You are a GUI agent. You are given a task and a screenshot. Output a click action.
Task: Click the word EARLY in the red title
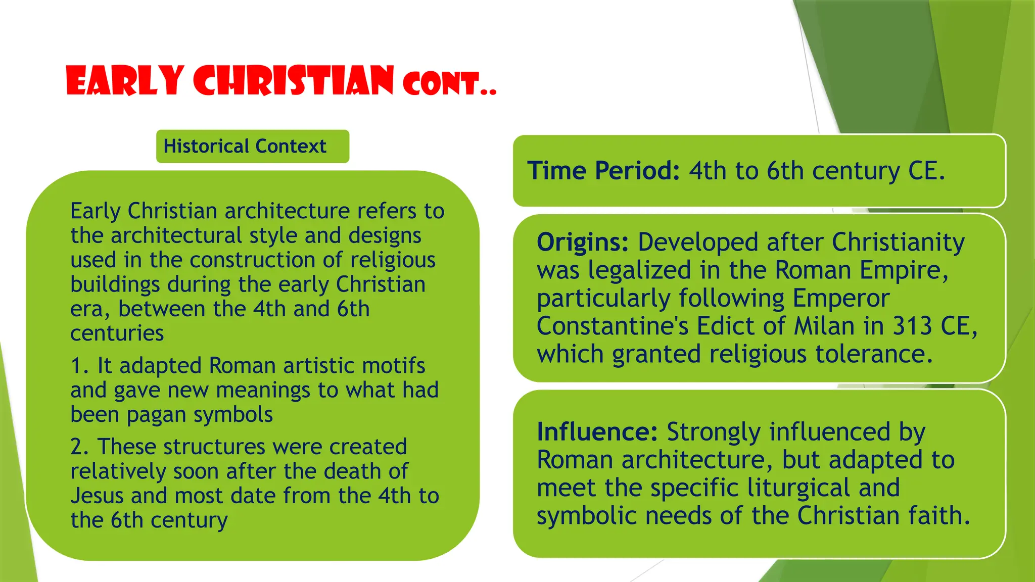tap(124, 81)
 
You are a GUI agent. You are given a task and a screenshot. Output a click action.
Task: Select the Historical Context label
tap(245, 147)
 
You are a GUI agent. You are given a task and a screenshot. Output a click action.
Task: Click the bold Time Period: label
tap(603, 171)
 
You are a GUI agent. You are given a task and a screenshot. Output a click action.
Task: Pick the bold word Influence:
tap(597, 432)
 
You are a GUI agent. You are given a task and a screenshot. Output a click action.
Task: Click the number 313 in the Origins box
tap(912, 326)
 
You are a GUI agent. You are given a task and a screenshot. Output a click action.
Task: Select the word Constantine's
tap(613, 326)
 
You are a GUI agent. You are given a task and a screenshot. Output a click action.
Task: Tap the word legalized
tap(639, 270)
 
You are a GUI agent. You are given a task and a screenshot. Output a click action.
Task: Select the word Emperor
tap(840, 298)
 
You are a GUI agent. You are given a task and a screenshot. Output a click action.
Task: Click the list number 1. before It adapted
tap(79, 366)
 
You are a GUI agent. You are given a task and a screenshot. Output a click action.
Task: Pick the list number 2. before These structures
tap(79, 447)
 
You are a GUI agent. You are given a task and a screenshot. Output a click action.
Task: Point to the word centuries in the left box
tap(117, 333)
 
